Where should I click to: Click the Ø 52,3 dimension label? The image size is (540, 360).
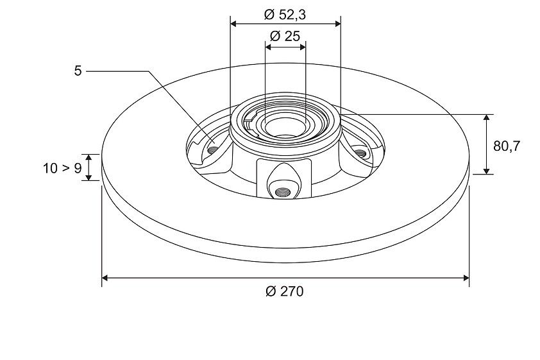(285, 15)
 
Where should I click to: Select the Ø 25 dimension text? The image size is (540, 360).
(285, 36)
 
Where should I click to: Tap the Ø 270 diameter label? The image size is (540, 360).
(285, 291)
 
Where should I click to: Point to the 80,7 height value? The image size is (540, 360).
(506, 146)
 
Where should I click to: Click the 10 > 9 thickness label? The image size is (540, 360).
(62, 169)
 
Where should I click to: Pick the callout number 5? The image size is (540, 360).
(78, 71)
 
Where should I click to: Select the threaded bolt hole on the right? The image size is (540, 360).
(360, 153)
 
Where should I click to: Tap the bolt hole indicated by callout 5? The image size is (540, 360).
(212, 150)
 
